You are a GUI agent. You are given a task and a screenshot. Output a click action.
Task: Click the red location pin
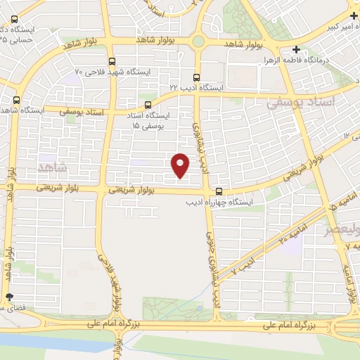181,164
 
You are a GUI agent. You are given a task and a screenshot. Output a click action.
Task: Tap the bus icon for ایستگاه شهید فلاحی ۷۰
112,61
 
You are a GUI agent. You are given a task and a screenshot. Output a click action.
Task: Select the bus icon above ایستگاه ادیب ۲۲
196,77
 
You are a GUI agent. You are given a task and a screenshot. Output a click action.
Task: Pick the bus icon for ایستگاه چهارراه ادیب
220,191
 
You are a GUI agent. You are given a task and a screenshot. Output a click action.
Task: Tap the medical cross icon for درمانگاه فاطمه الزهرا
297,50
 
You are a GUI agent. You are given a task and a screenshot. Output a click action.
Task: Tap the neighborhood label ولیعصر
339,229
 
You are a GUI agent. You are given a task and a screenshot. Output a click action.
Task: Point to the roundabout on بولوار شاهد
199,42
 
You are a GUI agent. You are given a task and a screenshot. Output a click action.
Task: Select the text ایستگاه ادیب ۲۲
195,87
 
